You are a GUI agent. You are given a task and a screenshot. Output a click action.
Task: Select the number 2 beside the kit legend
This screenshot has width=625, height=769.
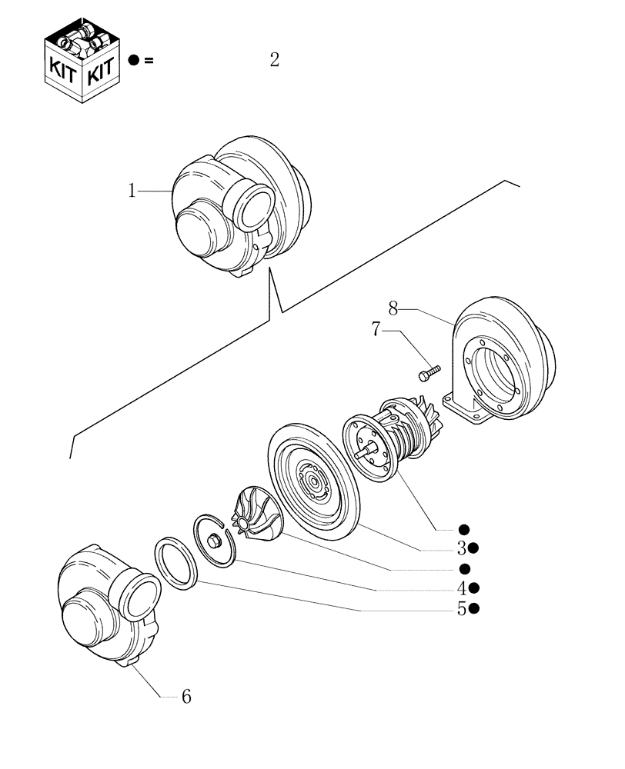pos(274,60)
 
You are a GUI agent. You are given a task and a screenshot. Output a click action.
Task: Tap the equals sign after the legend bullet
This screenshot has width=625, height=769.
pos(149,61)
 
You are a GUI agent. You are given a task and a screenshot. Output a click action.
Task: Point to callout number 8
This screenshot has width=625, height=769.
pos(393,309)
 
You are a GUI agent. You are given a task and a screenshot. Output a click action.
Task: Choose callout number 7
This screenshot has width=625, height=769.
pos(376,331)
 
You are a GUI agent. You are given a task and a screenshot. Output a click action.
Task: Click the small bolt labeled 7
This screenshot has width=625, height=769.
pos(428,373)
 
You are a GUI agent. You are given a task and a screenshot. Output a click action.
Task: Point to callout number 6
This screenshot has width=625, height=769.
pos(185,697)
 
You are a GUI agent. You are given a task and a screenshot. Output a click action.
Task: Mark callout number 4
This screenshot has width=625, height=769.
pos(461,588)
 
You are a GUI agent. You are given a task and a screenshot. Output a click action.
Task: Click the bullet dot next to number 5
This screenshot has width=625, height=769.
pos(476,608)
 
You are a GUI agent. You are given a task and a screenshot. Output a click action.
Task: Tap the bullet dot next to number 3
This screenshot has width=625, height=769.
pos(475,548)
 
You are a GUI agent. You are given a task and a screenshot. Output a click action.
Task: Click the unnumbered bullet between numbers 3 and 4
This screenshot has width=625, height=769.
pos(464,568)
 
